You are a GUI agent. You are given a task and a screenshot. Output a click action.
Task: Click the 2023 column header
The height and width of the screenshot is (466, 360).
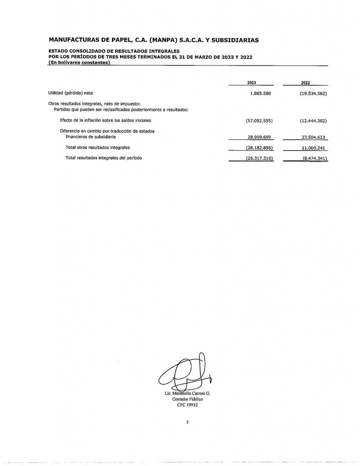click(251, 83)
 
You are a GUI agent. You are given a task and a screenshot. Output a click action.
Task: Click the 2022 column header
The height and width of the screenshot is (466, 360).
click(305, 83)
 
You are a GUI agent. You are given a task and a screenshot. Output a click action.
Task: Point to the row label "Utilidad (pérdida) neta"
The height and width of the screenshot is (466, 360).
click(70, 93)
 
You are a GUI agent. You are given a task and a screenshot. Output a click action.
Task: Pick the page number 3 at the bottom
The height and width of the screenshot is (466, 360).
click(187, 422)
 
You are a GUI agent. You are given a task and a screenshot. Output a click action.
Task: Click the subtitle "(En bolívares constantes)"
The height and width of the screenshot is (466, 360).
click(79, 62)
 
